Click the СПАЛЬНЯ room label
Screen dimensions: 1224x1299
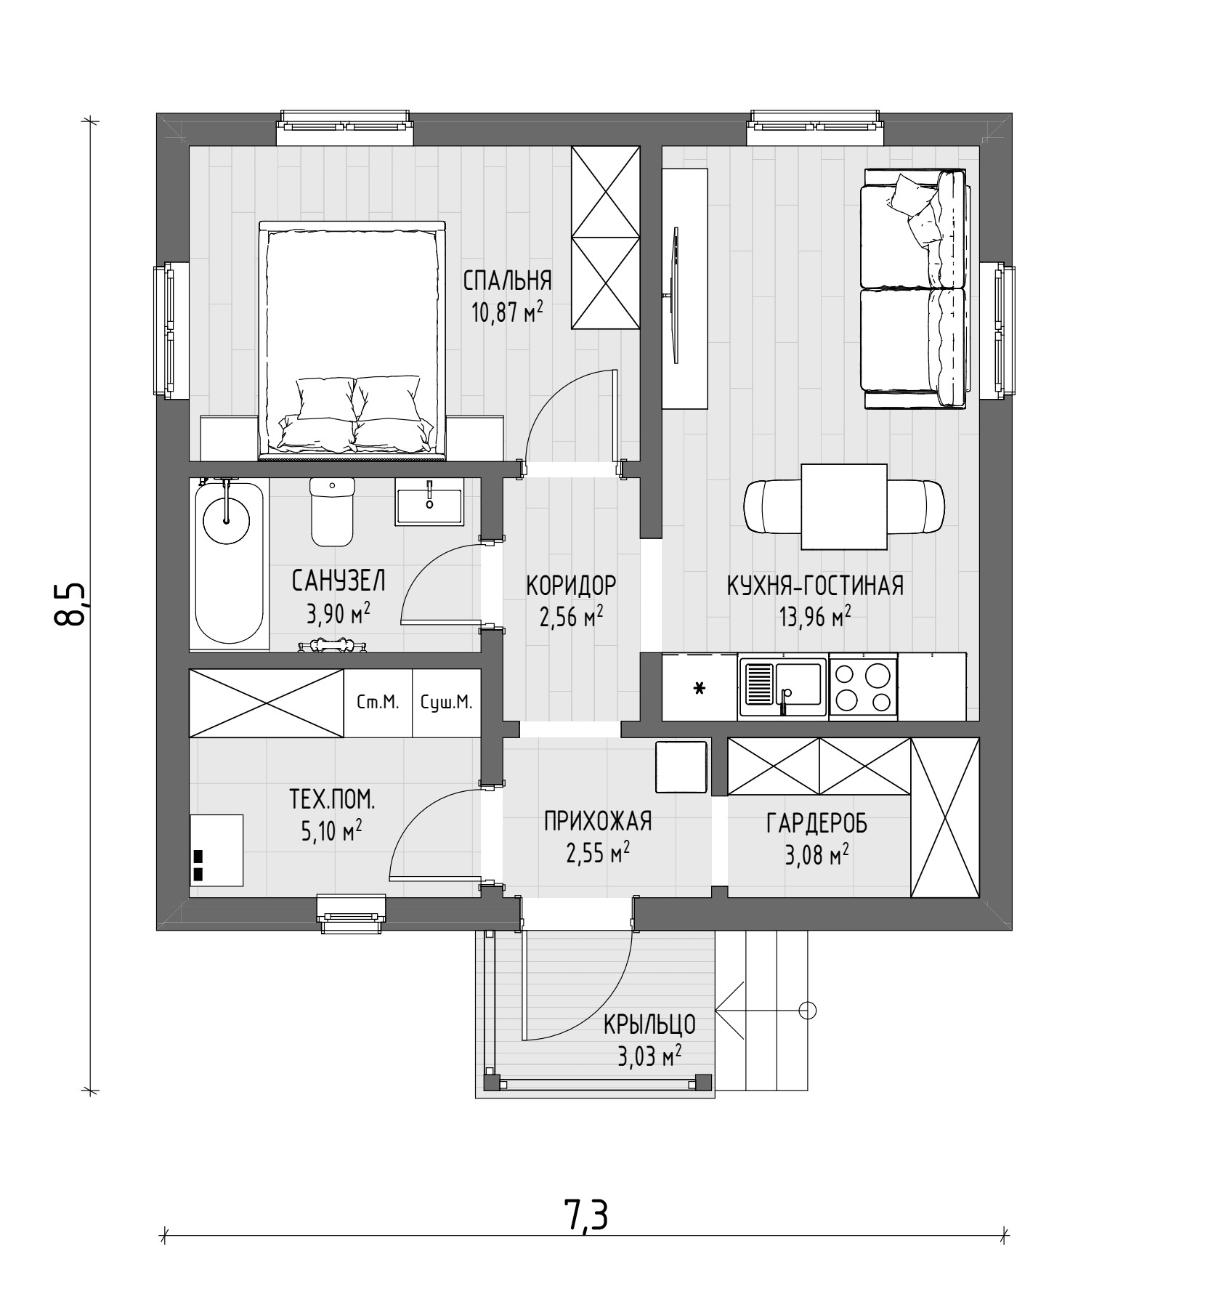click(508, 280)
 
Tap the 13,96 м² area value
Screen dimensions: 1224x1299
click(815, 618)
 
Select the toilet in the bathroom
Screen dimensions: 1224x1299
click(332, 511)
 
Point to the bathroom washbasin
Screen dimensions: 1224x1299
click(429, 501)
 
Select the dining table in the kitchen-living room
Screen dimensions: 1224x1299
click(844, 507)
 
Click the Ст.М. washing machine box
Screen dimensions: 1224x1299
click(378, 703)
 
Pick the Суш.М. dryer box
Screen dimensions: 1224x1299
click(447, 703)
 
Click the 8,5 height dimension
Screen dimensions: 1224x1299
click(70, 604)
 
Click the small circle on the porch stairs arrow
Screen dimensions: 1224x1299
click(808, 1010)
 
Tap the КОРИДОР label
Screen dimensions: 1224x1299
click(571, 584)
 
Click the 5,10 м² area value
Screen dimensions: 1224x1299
click(331, 831)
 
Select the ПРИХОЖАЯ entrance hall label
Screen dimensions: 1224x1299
click(598, 821)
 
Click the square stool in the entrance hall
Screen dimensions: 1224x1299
click(681, 767)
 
